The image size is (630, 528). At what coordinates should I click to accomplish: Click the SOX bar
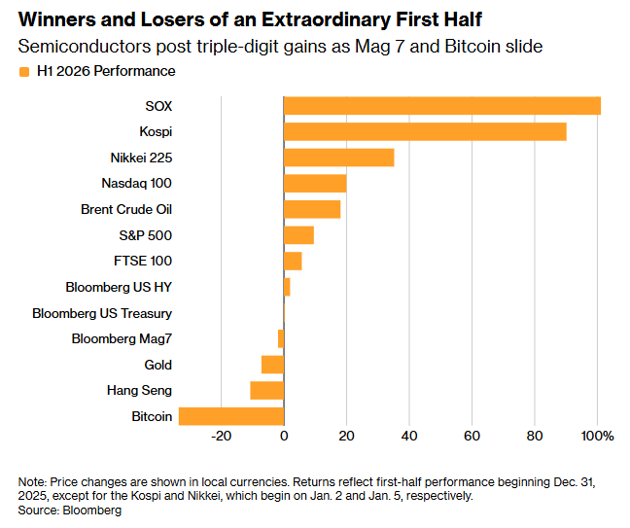442,106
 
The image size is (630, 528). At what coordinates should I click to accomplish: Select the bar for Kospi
425,132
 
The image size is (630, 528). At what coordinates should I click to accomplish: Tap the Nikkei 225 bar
338,158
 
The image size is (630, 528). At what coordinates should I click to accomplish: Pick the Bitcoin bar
231,416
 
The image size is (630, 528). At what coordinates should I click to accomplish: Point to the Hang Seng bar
267,391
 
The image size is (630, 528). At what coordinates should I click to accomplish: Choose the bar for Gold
273,365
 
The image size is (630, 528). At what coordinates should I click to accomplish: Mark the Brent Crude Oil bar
312,209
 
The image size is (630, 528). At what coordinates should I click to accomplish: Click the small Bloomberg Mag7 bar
281,338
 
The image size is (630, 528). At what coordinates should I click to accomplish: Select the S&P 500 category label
146,235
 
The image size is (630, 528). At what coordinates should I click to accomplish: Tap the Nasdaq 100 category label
137,183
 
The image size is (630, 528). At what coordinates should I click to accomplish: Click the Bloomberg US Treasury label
102,313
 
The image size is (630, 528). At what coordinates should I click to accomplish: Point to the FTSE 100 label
143,262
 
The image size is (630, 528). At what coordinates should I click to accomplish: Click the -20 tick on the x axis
222,436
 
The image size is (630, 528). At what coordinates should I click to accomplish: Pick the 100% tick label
598,436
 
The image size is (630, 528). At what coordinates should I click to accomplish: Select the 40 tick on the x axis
409,436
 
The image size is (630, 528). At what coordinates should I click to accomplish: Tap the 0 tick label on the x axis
284,436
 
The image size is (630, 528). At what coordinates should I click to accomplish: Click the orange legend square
24,72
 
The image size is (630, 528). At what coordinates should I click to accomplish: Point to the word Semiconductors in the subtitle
85,47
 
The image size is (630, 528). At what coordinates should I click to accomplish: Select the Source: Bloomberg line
69,510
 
